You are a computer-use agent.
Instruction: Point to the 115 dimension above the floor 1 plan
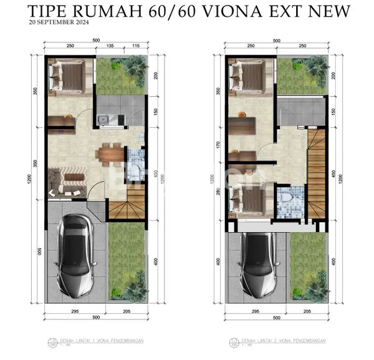[x=135, y=46]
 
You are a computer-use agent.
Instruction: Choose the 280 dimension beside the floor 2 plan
[x=218, y=190]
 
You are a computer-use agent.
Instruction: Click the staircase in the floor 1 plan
[x=127, y=207]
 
